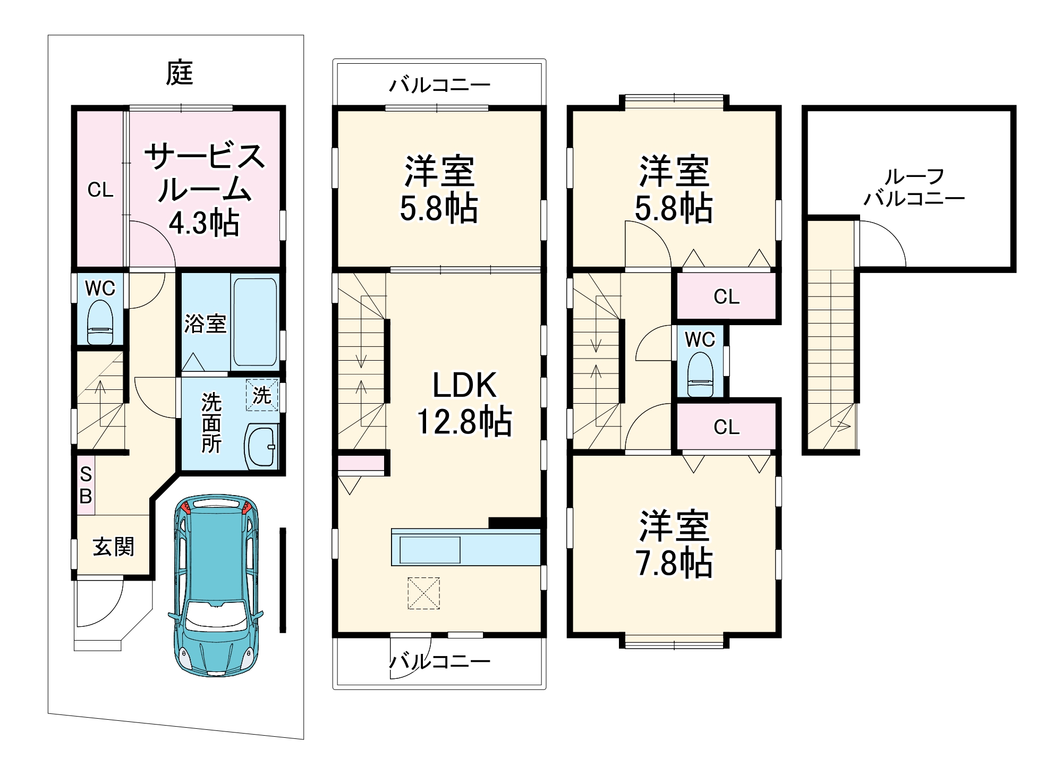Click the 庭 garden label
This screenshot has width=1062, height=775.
click(179, 73)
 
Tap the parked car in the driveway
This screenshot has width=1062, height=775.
click(216, 584)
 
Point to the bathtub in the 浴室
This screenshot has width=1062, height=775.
click(255, 322)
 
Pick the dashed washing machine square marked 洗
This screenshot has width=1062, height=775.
click(261, 395)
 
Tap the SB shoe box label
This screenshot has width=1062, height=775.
click(86, 485)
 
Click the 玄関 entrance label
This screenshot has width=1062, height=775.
click(113, 547)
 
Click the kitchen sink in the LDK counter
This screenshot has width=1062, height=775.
click(430, 550)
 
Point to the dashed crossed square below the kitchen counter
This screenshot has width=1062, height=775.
click(423, 593)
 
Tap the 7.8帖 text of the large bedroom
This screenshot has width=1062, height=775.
click(674, 564)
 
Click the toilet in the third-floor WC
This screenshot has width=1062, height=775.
click(700, 375)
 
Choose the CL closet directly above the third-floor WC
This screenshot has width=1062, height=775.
click(726, 296)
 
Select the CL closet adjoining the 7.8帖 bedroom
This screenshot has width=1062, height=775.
click(726, 427)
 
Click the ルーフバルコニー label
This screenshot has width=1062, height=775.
click(914, 187)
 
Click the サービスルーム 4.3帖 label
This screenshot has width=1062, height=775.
click(205, 189)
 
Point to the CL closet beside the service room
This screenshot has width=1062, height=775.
click(100, 189)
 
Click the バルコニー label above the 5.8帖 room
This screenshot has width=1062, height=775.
click(439, 84)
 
